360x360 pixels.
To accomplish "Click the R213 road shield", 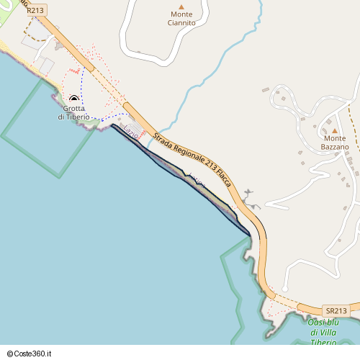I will tap(35, 11).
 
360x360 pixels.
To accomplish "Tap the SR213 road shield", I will tap(336, 310).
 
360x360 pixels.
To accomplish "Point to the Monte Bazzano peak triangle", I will tap(335, 130).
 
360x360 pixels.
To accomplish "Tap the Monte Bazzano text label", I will tap(335, 142).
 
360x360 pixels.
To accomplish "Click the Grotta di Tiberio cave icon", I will tap(73, 99).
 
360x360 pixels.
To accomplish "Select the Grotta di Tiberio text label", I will tap(74, 112).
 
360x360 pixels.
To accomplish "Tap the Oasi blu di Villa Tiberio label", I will tap(325, 332).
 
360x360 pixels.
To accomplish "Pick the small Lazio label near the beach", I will tap(132, 132).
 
